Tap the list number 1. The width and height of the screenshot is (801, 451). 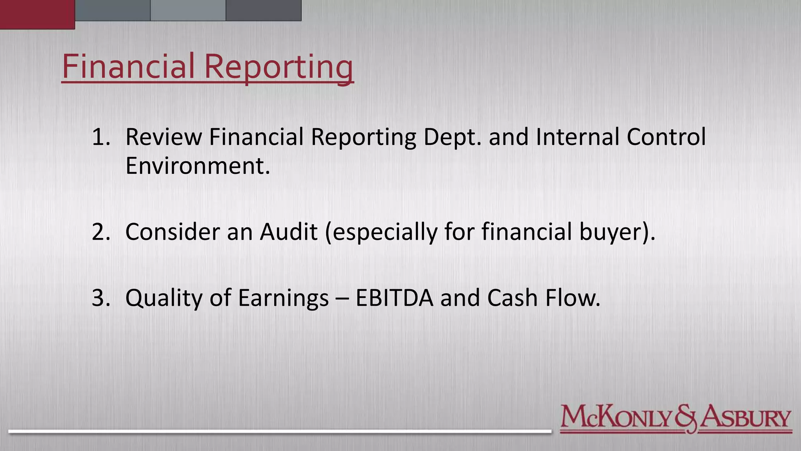click(100, 137)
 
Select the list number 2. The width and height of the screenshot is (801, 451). click(100, 232)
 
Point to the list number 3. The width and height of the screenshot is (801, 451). click(100, 298)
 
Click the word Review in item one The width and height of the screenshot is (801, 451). click(163, 137)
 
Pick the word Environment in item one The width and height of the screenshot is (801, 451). click(197, 166)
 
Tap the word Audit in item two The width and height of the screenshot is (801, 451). click(289, 232)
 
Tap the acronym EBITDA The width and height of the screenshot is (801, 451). click(394, 298)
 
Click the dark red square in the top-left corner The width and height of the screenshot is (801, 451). click(37, 14)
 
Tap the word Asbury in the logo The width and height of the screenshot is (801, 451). click(745, 418)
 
